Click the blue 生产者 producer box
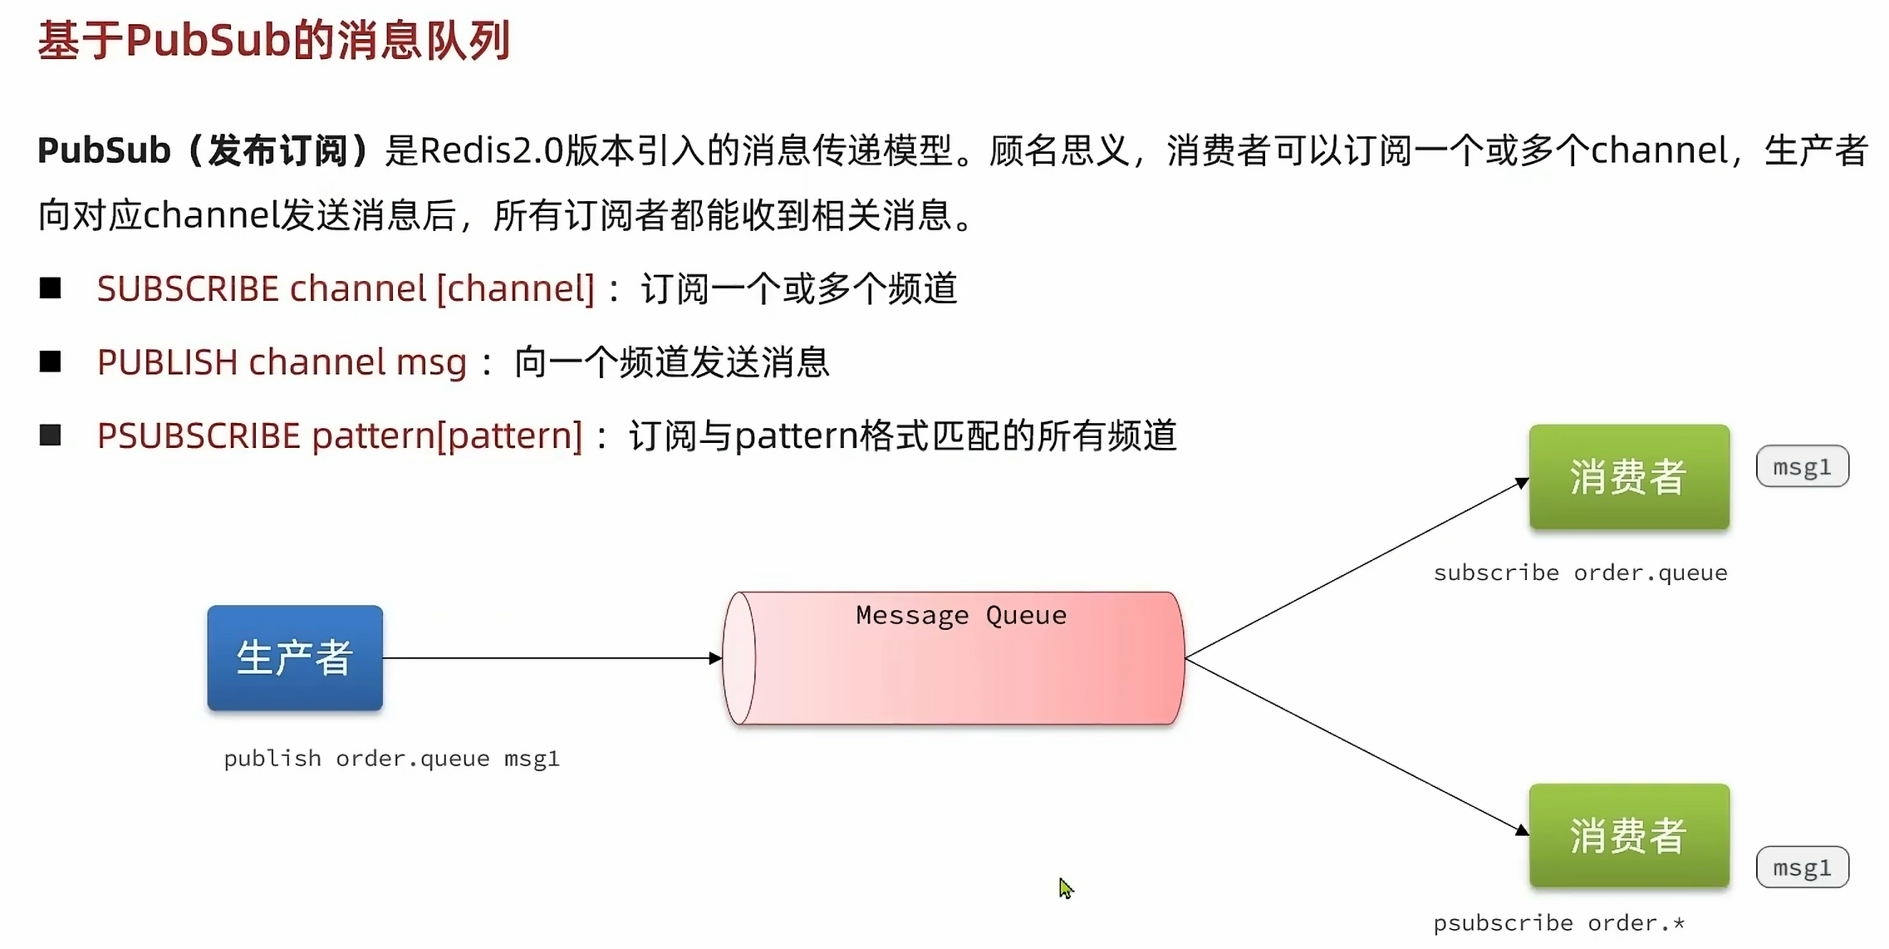(x=295, y=657)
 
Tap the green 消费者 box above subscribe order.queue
(x=1628, y=477)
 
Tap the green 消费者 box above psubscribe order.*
(x=1628, y=835)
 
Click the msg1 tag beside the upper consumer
(x=1802, y=466)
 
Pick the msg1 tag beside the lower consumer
(x=1802, y=867)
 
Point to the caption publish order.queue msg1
(x=391, y=758)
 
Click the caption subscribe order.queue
(x=1580, y=573)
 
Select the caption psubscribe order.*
(x=1558, y=922)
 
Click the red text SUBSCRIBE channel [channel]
(x=346, y=288)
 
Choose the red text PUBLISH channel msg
(x=282, y=361)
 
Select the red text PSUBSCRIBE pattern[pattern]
(x=340, y=435)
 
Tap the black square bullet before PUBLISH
(x=51, y=361)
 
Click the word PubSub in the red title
(x=208, y=40)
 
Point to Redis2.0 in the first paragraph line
(x=491, y=150)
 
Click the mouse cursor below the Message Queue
(x=1066, y=888)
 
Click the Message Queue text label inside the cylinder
(x=961, y=615)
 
